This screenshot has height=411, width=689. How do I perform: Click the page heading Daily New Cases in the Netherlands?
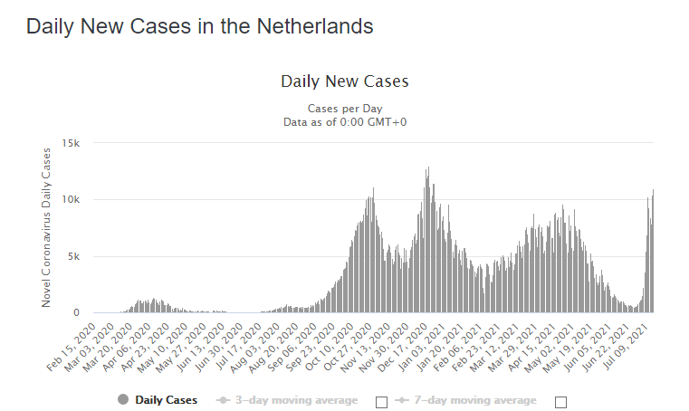[199, 26]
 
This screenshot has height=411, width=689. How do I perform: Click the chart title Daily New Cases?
[345, 81]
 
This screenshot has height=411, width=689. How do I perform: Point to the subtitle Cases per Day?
[345, 109]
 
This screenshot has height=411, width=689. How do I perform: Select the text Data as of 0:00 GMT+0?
[345, 122]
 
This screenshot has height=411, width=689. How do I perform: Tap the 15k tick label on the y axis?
[71, 143]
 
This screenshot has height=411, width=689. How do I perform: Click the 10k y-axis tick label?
[71, 199]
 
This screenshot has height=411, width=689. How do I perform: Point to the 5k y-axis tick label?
[74, 256]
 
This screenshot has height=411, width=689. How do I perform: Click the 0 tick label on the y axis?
[76, 312]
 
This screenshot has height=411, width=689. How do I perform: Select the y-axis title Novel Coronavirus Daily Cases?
[46, 228]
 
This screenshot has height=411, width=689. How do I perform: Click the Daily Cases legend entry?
[166, 400]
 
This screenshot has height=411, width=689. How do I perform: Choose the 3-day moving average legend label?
[297, 400]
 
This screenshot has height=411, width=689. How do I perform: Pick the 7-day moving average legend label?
[475, 400]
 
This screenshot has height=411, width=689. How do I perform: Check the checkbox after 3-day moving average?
[382, 402]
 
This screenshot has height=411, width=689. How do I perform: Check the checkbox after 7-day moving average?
[560, 402]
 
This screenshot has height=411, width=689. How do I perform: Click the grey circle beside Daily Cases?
[123, 399]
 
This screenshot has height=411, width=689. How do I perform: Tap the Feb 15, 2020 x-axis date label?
[72, 348]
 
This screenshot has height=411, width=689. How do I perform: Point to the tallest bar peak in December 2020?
[428, 167]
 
